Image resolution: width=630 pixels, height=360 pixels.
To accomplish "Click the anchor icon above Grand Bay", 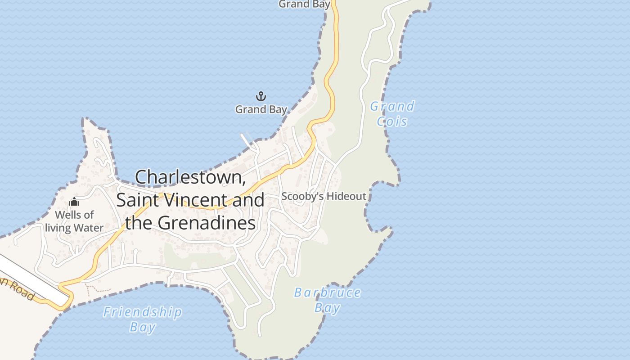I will (x=261, y=96).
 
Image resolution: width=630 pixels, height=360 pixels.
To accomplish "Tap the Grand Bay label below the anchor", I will (x=261, y=109).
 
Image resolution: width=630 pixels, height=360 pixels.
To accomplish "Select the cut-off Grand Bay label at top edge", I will (x=305, y=4).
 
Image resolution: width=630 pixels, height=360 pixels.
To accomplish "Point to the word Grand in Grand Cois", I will (x=392, y=107).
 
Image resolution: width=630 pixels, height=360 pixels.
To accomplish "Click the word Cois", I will (x=392, y=121).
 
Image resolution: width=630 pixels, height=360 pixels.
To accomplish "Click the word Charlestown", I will (x=190, y=177).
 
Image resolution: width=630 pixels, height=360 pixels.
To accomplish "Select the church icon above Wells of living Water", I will (x=74, y=202).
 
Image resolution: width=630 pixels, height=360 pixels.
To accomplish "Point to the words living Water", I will (x=74, y=228).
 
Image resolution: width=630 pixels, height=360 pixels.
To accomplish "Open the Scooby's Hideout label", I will (x=324, y=196).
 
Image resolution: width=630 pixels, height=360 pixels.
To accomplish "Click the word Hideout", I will (x=346, y=196).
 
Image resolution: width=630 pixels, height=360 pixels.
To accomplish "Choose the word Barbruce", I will (x=327, y=293).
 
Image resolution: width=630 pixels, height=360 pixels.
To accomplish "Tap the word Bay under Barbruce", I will (x=327, y=308).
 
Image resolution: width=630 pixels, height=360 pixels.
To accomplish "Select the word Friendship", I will (x=143, y=312).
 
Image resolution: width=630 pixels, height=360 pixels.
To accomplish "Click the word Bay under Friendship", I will (x=143, y=327).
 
